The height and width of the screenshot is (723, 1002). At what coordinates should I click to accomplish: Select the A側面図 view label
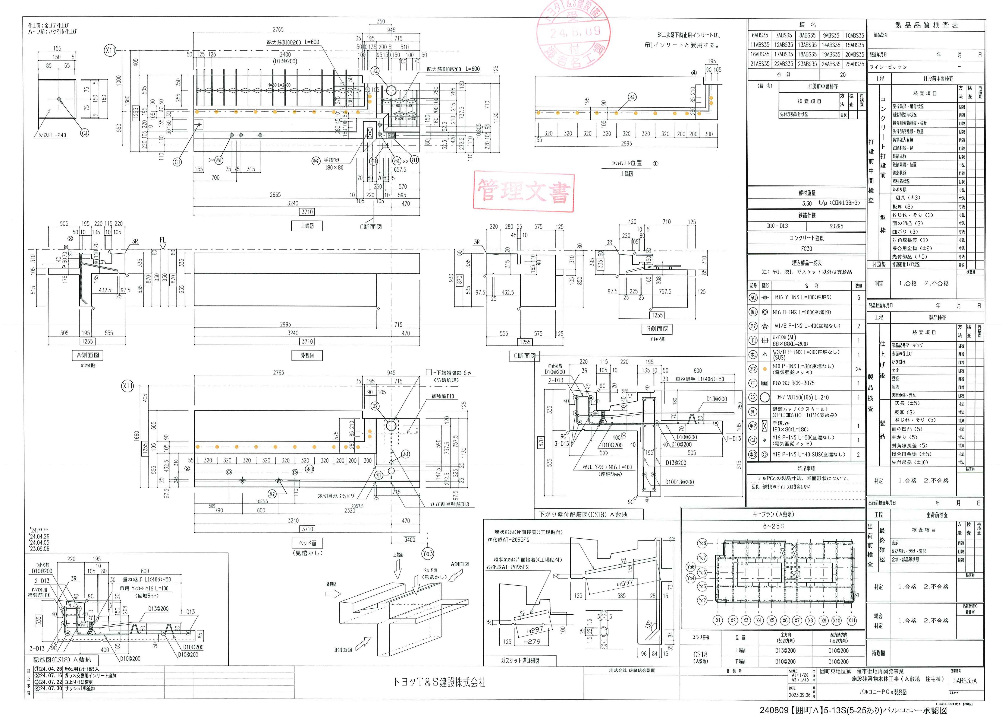point(88,355)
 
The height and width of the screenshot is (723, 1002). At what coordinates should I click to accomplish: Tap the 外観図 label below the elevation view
point(307,355)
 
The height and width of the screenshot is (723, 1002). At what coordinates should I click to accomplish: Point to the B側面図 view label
point(657,329)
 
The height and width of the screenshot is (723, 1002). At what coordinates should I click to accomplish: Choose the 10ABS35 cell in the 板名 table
point(854,35)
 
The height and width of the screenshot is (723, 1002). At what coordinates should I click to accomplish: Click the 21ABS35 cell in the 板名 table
point(759,64)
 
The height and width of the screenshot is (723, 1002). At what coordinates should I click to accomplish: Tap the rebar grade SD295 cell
point(836,226)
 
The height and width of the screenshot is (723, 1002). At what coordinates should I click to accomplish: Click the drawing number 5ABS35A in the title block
point(965,681)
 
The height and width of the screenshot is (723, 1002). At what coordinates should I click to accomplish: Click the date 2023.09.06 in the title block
point(799,695)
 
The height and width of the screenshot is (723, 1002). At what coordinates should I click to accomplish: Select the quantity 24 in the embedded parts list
point(858,369)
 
